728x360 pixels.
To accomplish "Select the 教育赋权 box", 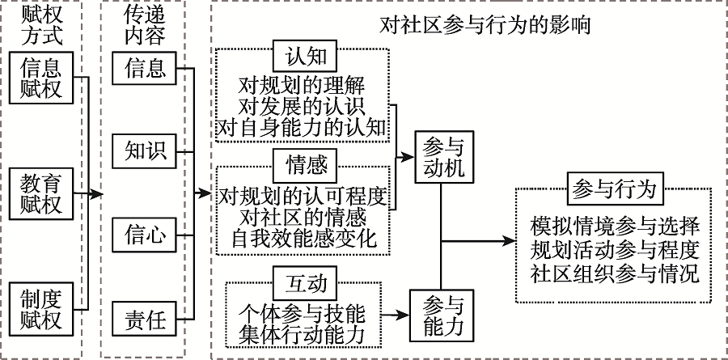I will (x=41, y=192).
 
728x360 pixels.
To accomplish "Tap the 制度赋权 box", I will (x=41, y=306).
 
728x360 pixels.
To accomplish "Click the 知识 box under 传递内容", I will (x=145, y=150).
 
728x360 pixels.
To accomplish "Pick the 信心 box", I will (x=145, y=235).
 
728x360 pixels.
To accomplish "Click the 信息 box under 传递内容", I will (x=145, y=66).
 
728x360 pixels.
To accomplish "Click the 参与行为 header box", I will (x=612, y=188).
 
